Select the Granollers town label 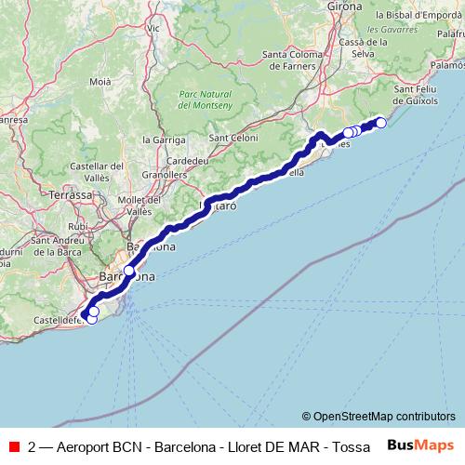click(165, 174)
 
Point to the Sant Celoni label click(231, 139)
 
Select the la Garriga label click(160, 139)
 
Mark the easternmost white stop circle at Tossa click(380, 123)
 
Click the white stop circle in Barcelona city click(128, 271)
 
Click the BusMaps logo click(421, 445)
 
